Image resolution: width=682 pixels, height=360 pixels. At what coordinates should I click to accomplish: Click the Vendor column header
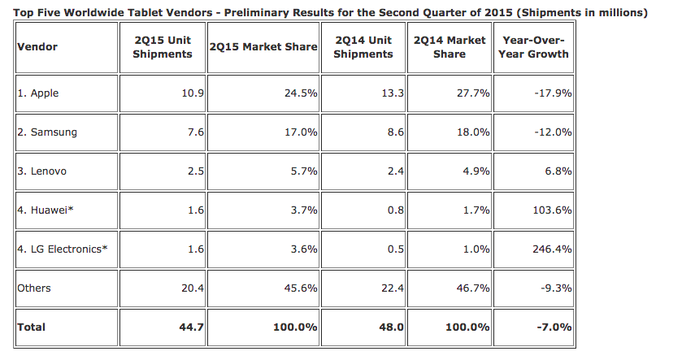[37, 47]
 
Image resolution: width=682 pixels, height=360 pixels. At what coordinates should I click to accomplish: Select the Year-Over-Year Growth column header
[533, 47]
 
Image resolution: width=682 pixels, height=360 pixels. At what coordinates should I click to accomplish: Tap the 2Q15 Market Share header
[263, 47]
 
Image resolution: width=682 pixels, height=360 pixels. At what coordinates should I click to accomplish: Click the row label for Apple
[38, 93]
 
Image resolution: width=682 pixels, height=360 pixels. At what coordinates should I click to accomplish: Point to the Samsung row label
[47, 132]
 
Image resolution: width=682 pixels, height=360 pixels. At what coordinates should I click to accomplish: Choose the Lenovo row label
[41, 171]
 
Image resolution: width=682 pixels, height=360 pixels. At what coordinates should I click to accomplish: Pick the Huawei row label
[46, 210]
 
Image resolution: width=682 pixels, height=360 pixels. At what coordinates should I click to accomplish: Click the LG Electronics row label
[63, 249]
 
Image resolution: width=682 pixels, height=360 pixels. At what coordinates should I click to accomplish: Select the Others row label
[34, 288]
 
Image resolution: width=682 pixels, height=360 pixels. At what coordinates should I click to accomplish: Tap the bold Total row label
[32, 327]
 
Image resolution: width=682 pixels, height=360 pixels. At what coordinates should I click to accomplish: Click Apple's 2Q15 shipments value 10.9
[193, 93]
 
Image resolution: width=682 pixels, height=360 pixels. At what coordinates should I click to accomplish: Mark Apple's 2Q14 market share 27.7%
[473, 93]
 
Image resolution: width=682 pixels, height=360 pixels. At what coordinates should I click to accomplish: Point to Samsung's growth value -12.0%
[554, 132]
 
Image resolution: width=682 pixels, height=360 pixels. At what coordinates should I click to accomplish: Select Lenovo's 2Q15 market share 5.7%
[304, 171]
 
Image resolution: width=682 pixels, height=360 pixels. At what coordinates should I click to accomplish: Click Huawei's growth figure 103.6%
[553, 210]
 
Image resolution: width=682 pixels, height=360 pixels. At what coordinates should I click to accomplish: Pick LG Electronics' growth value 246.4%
[553, 249]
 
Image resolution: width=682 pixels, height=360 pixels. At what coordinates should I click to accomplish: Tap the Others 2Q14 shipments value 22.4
[393, 288]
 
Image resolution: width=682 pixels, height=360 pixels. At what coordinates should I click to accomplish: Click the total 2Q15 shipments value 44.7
[191, 327]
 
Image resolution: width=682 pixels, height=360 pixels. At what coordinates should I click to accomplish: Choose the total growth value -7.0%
[554, 327]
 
